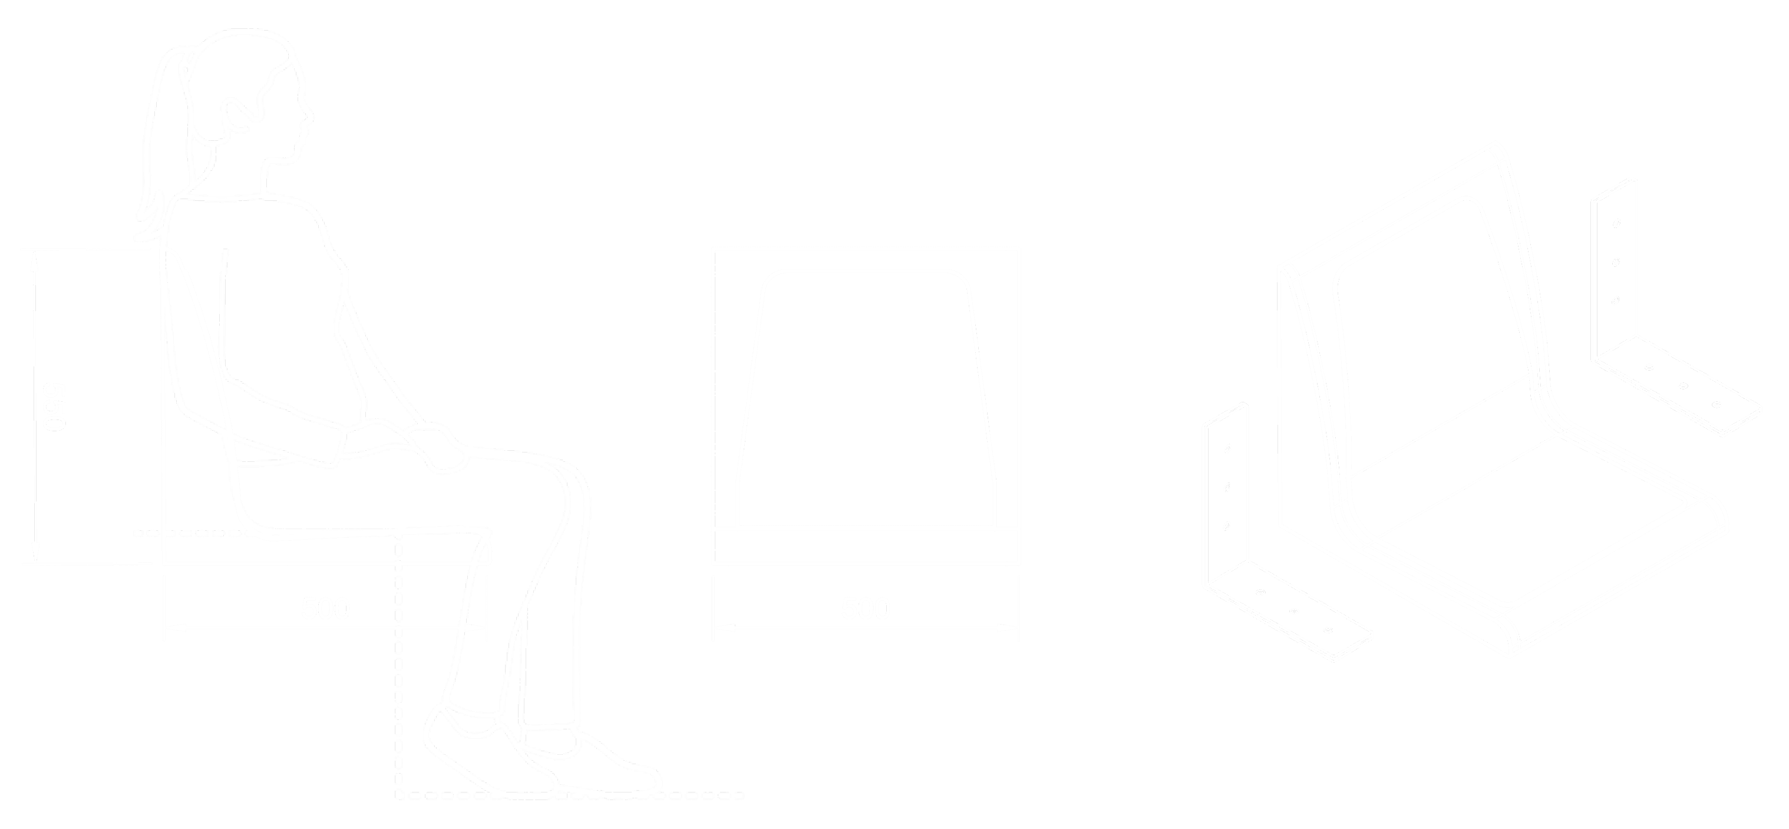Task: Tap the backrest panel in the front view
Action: (x=865, y=396)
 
